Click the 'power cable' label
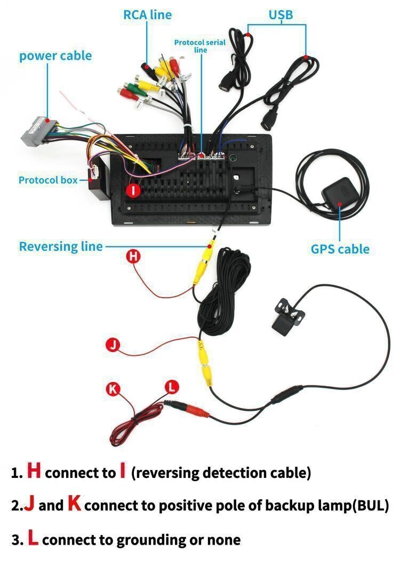point(55,56)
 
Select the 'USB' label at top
point(281,15)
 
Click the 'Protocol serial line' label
point(200,46)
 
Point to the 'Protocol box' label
point(48,180)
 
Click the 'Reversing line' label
point(60,246)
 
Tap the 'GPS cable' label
point(340,249)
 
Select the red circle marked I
point(134,190)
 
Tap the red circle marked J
point(113,345)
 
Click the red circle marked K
point(112,389)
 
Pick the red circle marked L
point(171,387)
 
